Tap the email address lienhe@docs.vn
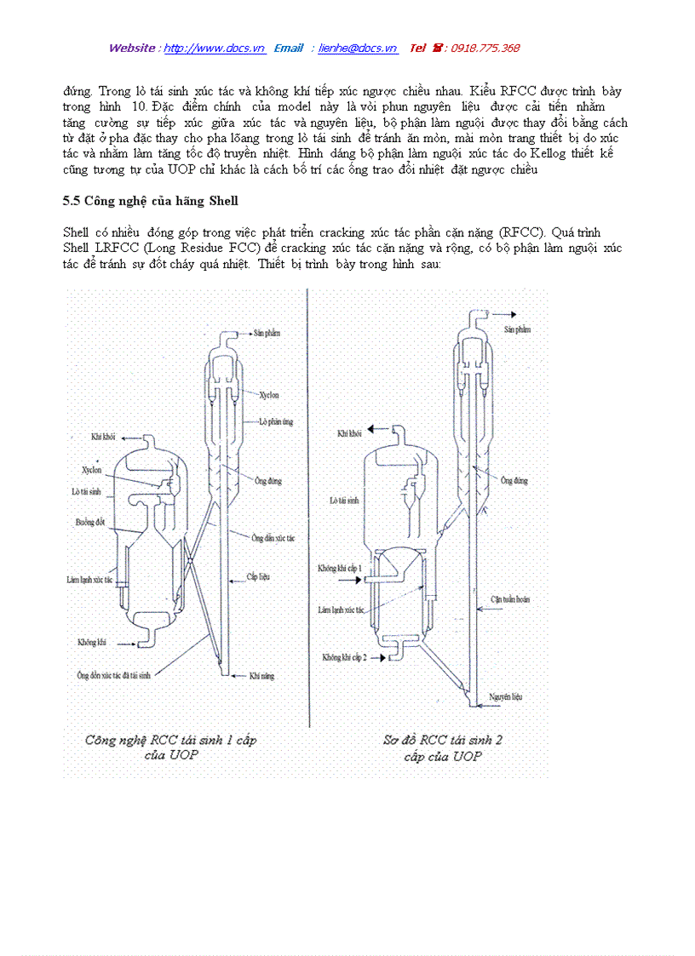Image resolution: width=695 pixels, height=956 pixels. (x=358, y=49)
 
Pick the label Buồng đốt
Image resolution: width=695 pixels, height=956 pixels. (x=88, y=522)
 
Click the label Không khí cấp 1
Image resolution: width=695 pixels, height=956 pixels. (x=340, y=567)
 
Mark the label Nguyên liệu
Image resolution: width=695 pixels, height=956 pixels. (x=505, y=696)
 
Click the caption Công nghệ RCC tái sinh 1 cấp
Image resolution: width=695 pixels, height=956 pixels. (x=170, y=741)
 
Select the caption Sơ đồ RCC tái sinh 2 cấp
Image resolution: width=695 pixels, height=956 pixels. (x=443, y=741)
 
